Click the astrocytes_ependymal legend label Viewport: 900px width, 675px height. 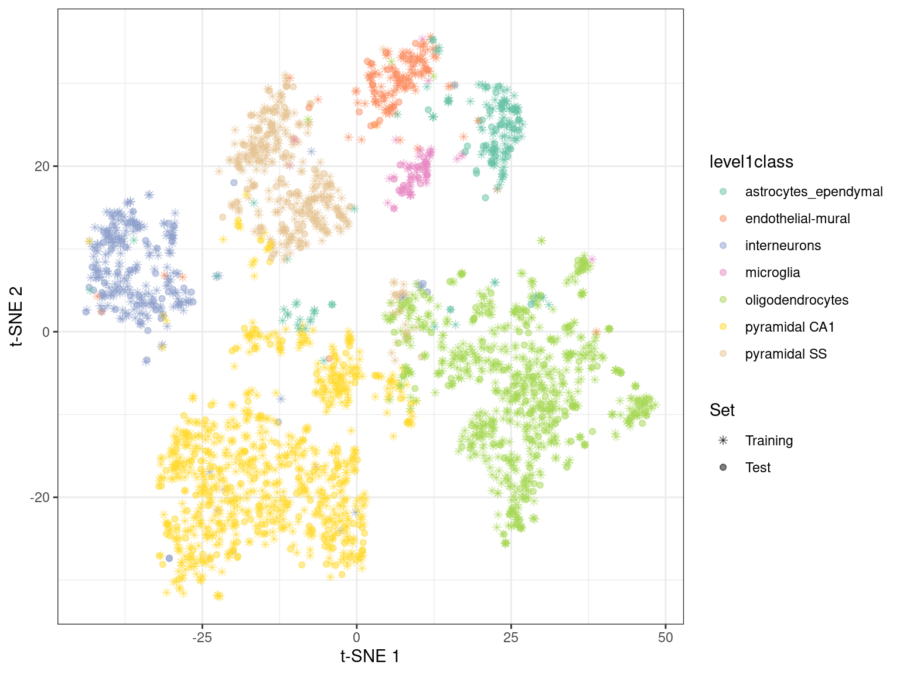tap(813, 192)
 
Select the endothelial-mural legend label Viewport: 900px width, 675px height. tap(797, 219)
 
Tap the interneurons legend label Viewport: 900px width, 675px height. tap(783, 246)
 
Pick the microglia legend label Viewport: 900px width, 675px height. tap(772, 272)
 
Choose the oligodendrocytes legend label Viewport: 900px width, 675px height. tap(796, 300)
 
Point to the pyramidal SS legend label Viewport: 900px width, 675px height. tap(786, 354)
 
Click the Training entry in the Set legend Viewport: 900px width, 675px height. tap(769, 441)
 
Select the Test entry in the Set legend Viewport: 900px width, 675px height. tap(758, 468)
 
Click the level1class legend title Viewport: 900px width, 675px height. tap(751, 162)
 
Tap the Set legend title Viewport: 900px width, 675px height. tap(722, 410)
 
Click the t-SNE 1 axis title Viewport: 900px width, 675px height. tap(370, 656)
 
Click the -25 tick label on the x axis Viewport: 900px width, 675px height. tap(202, 637)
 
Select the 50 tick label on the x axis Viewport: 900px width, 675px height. tap(666, 637)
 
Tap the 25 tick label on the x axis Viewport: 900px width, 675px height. tap(511, 637)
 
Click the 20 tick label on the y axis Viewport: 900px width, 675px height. tap(42, 166)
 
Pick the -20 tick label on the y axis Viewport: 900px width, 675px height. tap(40, 497)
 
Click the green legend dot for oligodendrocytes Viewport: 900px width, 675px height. tap(723, 300)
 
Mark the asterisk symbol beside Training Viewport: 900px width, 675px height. tap(723, 441)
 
